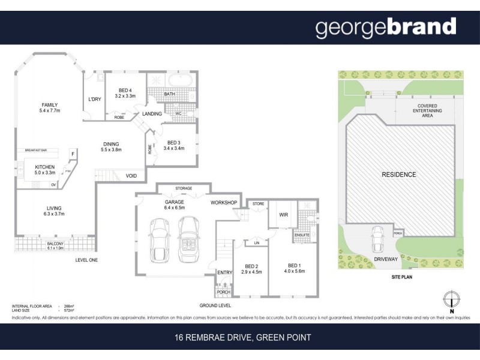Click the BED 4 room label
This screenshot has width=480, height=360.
(125, 90)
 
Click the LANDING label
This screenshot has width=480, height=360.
(152, 114)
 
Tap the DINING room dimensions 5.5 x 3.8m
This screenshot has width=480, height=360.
(110, 150)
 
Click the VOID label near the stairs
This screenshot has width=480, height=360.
(131, 176)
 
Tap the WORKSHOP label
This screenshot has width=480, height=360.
(224, 202)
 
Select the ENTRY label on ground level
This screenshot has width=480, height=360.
(224, 272)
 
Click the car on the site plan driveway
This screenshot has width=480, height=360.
(380, 239)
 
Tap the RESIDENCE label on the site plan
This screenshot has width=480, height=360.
(399, 175)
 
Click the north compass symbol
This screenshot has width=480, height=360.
(451, 299)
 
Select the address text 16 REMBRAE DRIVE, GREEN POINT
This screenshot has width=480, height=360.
(240, 338)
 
